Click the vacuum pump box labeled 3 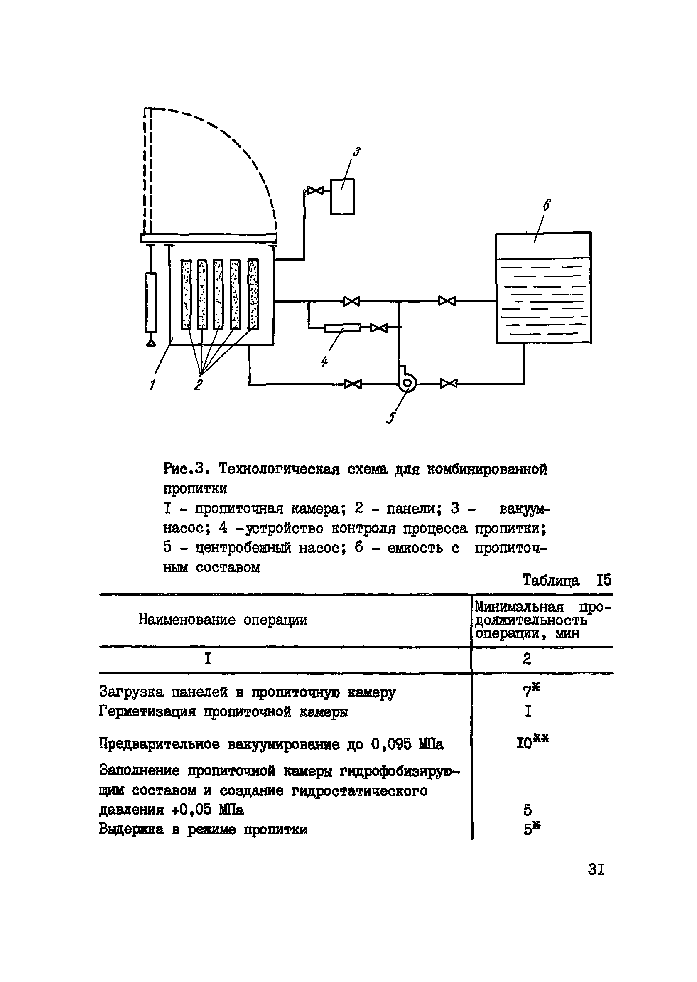tap(342, 196)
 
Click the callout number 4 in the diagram tap(324, 362)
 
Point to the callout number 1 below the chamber tap(152, 386)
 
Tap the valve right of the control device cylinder tap(378, 328)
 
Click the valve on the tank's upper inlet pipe tap(447, 301)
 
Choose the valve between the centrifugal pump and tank tap(449, 384)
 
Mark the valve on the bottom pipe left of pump tap(353, 384)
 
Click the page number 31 tap(596, 869)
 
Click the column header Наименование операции tap(223, 620)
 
